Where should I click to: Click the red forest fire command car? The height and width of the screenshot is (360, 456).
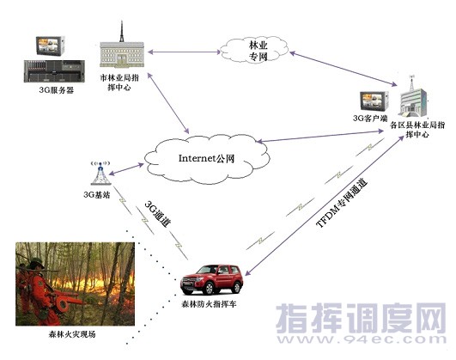[x=211, y=279]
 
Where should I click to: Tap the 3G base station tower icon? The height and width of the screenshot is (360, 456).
[x=100, y=174]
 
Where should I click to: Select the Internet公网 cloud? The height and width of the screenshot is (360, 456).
[x=207, y=159]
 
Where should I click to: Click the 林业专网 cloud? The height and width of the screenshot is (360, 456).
[x=254, y=50]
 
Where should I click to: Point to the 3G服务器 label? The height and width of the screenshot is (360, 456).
[x=56, y=90]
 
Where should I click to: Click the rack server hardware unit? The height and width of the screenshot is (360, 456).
[x=54, y=71]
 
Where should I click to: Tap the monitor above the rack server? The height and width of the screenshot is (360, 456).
[x=51, y=46]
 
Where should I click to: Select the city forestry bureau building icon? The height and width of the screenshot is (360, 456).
[x=122, y=46]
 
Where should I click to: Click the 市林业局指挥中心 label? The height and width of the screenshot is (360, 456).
[x=119, y=82]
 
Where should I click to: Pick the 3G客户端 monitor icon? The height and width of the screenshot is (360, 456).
[x=374, y=101]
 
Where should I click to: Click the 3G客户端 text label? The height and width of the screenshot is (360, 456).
[x=370, y=119]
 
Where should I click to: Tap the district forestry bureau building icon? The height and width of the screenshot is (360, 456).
[x=414, y=96]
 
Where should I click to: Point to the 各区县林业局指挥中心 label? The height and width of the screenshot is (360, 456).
[x=417, y=130]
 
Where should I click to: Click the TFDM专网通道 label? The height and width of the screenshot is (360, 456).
[x=342, y=203]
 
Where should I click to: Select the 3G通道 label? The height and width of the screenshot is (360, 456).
[x=158, y=213]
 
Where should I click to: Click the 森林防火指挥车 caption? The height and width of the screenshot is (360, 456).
[x=209, y=304]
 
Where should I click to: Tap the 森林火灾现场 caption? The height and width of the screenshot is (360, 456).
[x=72, y=334]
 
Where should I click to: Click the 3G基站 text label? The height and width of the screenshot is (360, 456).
[x=96, y=195]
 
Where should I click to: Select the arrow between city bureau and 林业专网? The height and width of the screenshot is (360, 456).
[x=184, y=52]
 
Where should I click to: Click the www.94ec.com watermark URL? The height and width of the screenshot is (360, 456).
[x=362, y=339]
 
